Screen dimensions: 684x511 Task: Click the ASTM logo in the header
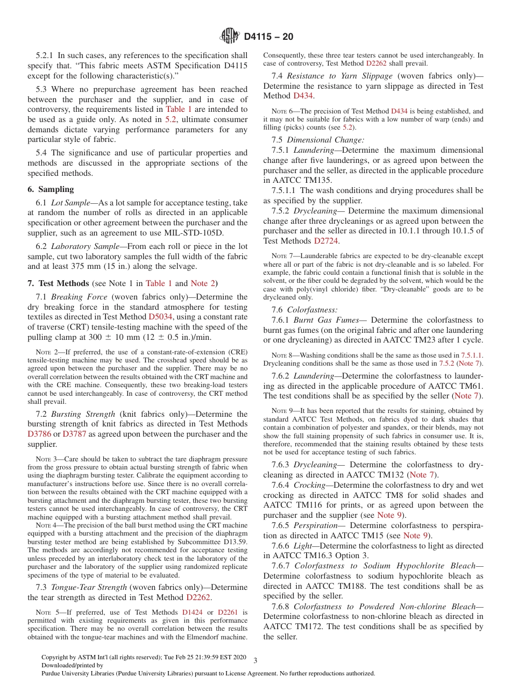pyautogui.click(x=230, y=36)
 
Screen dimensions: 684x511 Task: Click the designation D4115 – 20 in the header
pyautogui.click(x=268, y=37)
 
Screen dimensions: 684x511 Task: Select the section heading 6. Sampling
pyautogui.click(x=51, y=189)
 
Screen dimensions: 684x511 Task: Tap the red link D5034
pyautogui.click(x=160, y=317)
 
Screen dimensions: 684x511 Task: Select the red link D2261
pyautogui.click(x=228, y=612)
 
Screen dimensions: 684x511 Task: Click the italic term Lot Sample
pyautogui.click(x=73, y=203)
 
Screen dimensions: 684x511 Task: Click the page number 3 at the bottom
pyautogui.click(x=255, y=660)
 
